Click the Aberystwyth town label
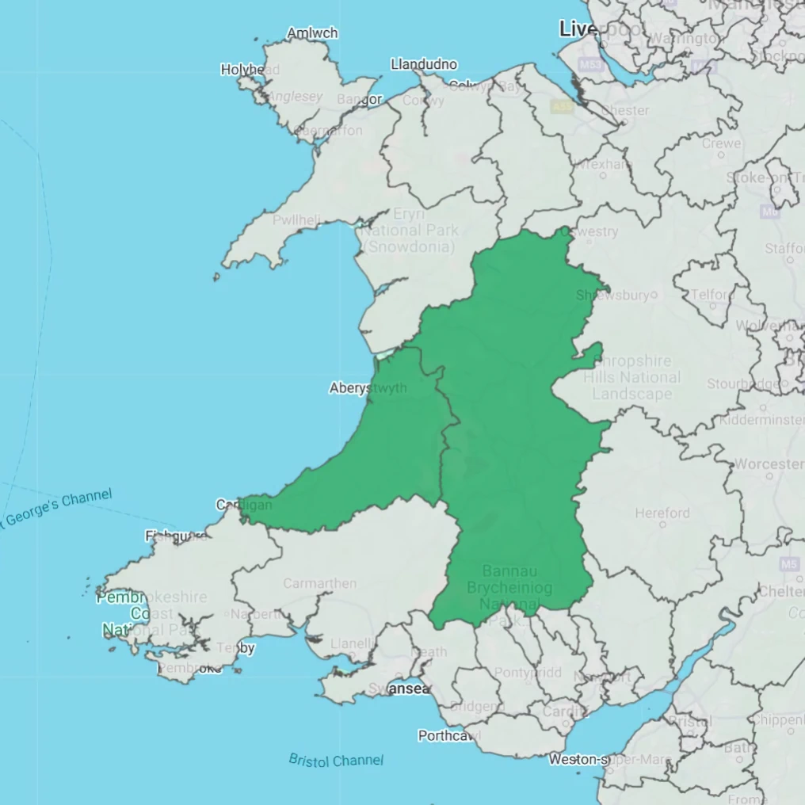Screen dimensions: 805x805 (368, 388)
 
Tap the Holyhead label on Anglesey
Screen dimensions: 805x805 (250, 70)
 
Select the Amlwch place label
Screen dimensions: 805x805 (312, 33)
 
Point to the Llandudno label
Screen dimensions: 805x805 (424, 64)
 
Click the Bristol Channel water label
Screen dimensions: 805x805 (336, 760)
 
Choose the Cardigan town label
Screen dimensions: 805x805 (244, 505)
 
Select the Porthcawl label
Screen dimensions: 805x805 (449, 736)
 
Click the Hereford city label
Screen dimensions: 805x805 (662, 513)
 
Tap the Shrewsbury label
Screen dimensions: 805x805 (612, 295)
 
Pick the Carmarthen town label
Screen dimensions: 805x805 (320, 584)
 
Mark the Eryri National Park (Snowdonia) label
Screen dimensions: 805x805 (409, 230)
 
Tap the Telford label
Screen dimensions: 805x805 (712, 295)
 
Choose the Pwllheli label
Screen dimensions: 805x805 (296, 220)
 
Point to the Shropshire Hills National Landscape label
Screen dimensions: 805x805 (632, 377)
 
